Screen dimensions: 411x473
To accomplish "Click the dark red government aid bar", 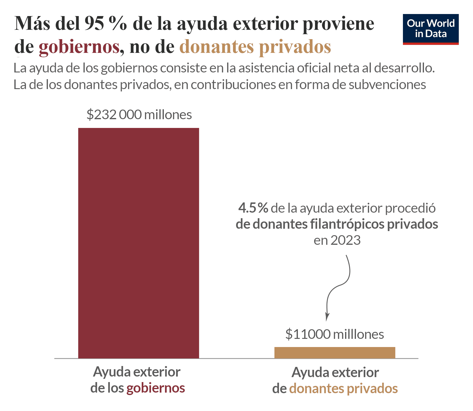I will point(138,243).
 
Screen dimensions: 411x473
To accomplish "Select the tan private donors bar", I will point(335,353).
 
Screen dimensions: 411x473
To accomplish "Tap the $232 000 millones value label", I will point(139,115).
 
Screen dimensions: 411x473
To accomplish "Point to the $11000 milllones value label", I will point(335,334).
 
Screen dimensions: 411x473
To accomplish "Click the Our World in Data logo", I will point(431,29).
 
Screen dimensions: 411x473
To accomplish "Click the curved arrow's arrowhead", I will point(327,318).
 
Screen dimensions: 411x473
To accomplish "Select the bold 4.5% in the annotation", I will point(253,208).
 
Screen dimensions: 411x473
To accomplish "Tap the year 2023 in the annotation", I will point(345,240).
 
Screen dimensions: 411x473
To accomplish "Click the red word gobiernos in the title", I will point(79,47).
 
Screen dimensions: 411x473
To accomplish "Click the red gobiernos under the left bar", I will point(156,388).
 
